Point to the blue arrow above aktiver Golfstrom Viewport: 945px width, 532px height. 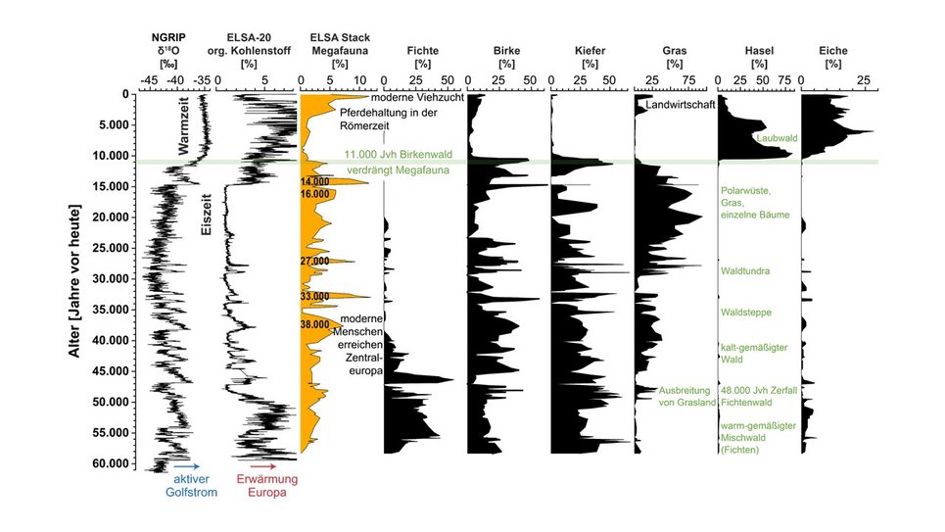pyautogui.click(x=186, y=467)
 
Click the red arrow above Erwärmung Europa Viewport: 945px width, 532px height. pyautogui.click(x=265, y=467)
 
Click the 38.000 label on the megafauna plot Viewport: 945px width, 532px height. pyautogui.click(x=314, y=324)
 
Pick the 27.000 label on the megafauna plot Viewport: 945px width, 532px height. pyautogui.click(x=314, y=262)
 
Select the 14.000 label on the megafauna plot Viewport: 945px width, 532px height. pyautogui.click(x=314, y=182)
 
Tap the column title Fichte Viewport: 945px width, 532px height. pyautogui.click(x=423, y=50)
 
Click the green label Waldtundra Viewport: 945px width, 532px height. pyautogui.click(x=745, y=271)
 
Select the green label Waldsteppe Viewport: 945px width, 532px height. pyautogui.click(x=746, y=313)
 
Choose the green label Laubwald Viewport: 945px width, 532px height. pyautogui.click(x=777, y=139)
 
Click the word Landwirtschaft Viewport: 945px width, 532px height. pyautogui.click(x=680, y=104)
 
